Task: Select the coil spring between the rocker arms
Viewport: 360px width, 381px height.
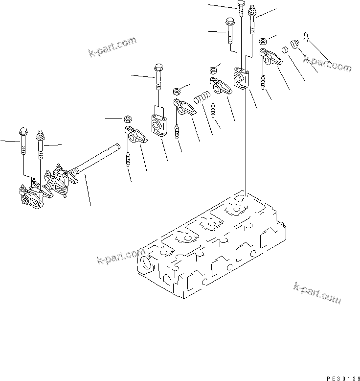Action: pyautogui.click(x=202, y=97)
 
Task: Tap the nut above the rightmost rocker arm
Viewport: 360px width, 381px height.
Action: pyautogui.click(x=262, y=41)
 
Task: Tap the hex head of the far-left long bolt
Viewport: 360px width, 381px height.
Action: pyautogui.click(x=22, y=131)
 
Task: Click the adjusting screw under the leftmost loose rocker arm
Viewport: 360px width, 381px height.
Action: pyautogui.click(x=129, y=159)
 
